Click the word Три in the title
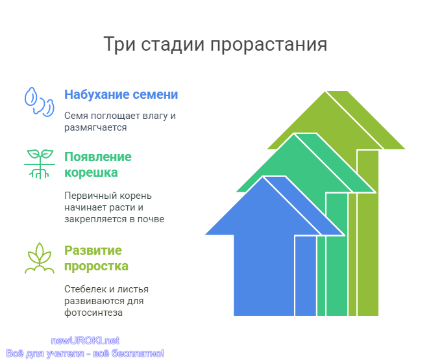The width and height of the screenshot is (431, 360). click(x=119, y=44)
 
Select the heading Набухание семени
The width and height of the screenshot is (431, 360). click(x=121, y=94)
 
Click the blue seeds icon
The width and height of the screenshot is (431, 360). click(x=40, y=102)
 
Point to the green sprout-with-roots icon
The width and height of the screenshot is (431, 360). click(x=40, y=164)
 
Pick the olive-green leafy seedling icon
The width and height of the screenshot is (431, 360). click(x=40, y=258)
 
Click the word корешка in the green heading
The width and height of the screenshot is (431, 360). click(x=91, y=173)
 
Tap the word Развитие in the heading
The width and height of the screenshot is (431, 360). click(x=93, y=250)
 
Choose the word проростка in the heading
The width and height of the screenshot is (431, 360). click(x=96, y=266)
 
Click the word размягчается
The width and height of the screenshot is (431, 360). click(x=95, y=128)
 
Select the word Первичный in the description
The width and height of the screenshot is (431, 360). click(x=86, y=196)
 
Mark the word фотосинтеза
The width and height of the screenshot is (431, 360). click(x=93, y=313)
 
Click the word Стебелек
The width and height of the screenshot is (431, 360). click(x=86, y=289)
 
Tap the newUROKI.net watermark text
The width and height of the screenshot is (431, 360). click(x=85, y=341)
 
